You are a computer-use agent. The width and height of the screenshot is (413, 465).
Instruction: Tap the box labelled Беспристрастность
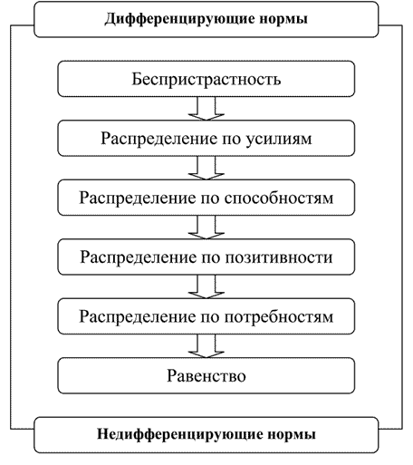pos(206,79)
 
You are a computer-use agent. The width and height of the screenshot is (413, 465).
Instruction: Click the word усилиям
pos(278,139)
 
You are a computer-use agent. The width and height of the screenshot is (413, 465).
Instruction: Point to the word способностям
pos(279,199)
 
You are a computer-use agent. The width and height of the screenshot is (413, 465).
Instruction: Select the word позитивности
pos(279,257)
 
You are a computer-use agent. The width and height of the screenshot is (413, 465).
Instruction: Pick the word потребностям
pos(279,317)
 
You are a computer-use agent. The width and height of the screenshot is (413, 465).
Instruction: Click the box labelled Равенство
pos(206,375)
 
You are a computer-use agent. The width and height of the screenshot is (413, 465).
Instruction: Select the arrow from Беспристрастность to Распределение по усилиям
pos(206,109)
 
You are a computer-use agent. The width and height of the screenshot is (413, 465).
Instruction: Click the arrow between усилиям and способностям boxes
pos(206,168)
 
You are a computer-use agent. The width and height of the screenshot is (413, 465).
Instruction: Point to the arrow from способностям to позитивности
pos(206,228)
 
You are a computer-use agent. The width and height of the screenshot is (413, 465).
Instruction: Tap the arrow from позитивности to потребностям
pos(206,287)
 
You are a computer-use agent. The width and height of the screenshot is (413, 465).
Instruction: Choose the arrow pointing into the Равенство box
pos(206,346)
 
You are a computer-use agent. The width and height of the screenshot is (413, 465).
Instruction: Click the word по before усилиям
pos(231,140)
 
